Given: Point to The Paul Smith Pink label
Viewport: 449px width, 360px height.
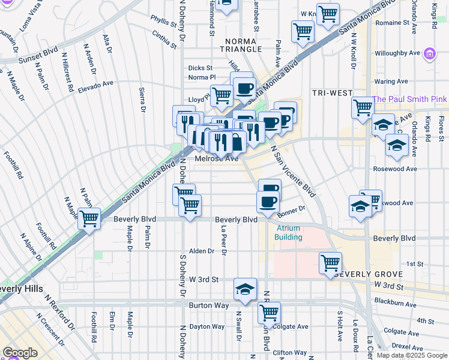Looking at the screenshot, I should pyautogui.click(x=409, y=98).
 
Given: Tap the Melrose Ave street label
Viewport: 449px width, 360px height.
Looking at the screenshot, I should pyautogui.click(x=217, y=159).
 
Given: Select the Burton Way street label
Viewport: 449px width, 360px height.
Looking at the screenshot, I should pyautogui.click(x=208, y=305).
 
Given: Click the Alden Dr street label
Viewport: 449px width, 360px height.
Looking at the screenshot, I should pyautogui.click(x=202, y=251).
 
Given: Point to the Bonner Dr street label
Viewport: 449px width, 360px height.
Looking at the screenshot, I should pyautogui.click(x=292, y=210).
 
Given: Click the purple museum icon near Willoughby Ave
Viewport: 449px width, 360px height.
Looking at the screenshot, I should pyautogui.click(x=429, y=54).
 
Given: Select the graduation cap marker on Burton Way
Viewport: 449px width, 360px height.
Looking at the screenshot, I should pyautogui.click(x=245, y=289).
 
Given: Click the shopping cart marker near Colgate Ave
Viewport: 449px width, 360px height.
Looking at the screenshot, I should pyautogui.click(x=270, y=312).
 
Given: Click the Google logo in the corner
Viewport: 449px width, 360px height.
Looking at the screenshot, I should pyautogui.click(x=20, y=353).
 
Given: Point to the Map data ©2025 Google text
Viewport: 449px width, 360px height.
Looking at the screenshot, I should pyautogui.click(x=412, y=355).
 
